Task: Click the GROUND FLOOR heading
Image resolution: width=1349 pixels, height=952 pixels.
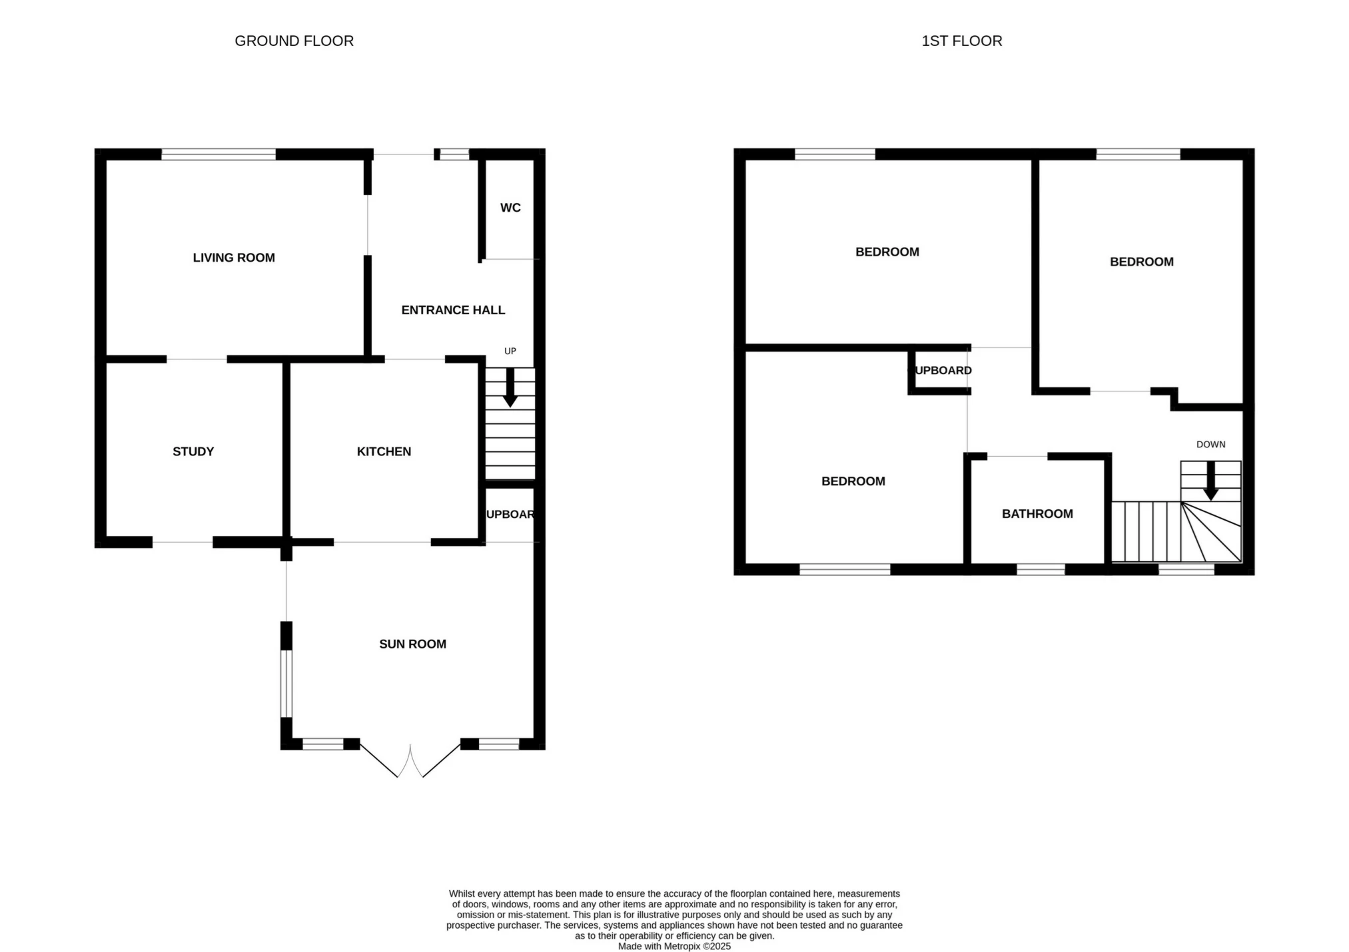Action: click(294, 41)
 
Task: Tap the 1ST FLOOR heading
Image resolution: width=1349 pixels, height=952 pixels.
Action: click(961, 41)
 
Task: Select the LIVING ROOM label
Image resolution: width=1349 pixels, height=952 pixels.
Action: click(234, 258)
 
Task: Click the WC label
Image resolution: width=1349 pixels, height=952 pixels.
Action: click(510, 208)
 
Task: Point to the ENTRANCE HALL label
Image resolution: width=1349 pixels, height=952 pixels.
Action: click(453, 310)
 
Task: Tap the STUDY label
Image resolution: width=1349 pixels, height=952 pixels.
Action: click(193, 451)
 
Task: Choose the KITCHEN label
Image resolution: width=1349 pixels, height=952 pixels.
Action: click(384, 451)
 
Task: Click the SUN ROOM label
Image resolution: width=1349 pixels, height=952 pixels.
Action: click(412, 644)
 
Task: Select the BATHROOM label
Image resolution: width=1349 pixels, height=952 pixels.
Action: click(1037, 514)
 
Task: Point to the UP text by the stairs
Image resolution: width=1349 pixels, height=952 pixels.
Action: click(510, 351)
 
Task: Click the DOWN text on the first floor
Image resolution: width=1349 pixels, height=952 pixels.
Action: click(1210, 444)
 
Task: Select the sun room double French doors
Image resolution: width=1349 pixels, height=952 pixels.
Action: click(410, 761)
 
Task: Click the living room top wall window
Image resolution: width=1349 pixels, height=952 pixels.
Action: click(219, 154)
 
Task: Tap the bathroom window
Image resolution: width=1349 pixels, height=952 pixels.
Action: click(1041, 569)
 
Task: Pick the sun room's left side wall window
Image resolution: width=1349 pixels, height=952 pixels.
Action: click(286, 683)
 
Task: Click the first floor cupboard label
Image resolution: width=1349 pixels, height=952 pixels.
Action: click(943, 370)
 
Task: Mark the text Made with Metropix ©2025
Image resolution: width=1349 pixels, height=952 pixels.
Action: click(674, 946)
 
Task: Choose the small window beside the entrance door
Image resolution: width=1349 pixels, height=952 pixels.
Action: click(454, 154)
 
